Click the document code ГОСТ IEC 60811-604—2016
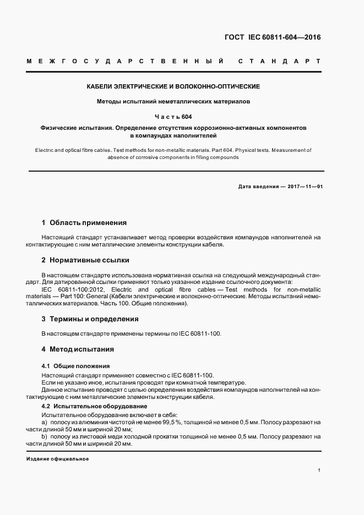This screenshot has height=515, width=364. tap(273, 38)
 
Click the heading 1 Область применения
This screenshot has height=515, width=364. tap(84, 223)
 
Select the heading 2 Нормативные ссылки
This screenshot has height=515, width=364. tap(85, 260)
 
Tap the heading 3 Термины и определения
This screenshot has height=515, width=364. tap(90, 319)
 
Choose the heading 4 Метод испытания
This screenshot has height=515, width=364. tap(78, 349)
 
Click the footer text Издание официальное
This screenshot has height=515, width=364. tap(57, 459)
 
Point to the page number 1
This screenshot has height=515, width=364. tap(319, 471)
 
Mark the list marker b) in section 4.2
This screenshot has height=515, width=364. tap(45, 436)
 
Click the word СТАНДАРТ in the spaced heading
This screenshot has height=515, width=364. tap(279, 61)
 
